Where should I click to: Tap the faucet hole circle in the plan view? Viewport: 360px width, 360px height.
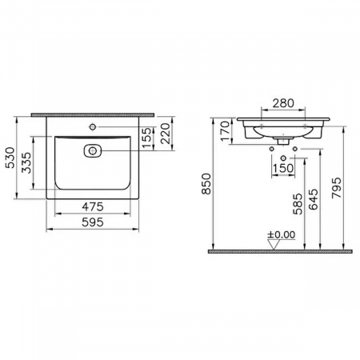(92, 126)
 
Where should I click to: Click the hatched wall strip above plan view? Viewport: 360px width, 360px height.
(90, 114)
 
